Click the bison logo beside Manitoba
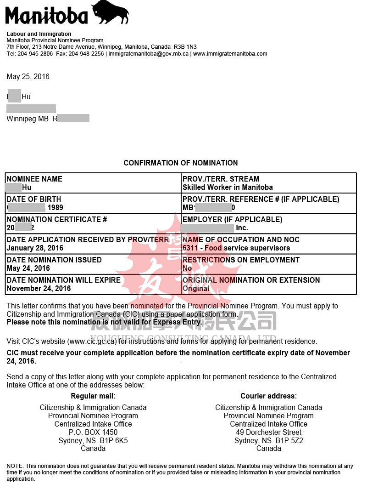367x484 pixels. pyautogui.click(x=111, y=12)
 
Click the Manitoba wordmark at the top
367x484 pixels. pyautogui.click(x=46, y=16)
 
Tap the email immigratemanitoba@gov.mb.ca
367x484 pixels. pyautogui.click(x=149, y=54)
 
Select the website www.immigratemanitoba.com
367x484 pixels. pyautogui.click(x=230, y=54)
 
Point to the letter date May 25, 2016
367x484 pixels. pyautogui.click(x=28, y=76)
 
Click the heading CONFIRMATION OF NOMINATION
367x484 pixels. pyautogui.click(x=181, y=163)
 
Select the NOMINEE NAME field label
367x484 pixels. pyautogui.click(x=34, y=179)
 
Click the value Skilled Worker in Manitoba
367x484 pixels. pyautogui.click(x=228, y=187)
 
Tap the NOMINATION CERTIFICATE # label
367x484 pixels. pyautogui.click(x=57, y=219)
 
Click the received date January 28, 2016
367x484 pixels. pyautogui.click(x=35, y=248)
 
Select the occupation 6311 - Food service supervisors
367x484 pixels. pyautogui.click(x=236, y=248)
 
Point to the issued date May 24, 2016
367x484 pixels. pyautogui.click(x=28, y=268)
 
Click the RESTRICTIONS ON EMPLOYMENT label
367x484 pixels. pyautogui.click(x=241, y=260)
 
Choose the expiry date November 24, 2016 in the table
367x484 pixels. pyautogui.click(x=39, y=288)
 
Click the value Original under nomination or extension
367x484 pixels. pyautogui.click(x=196, y=288)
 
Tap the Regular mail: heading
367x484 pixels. pyautogui.click(x=93, y=396)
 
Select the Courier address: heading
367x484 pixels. pyautogui.click(x=269, y=396)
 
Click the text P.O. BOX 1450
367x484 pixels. pyautogui.click(x=93, y=432)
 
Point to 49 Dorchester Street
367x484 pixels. pyautogui.click(x=269, y=432)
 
